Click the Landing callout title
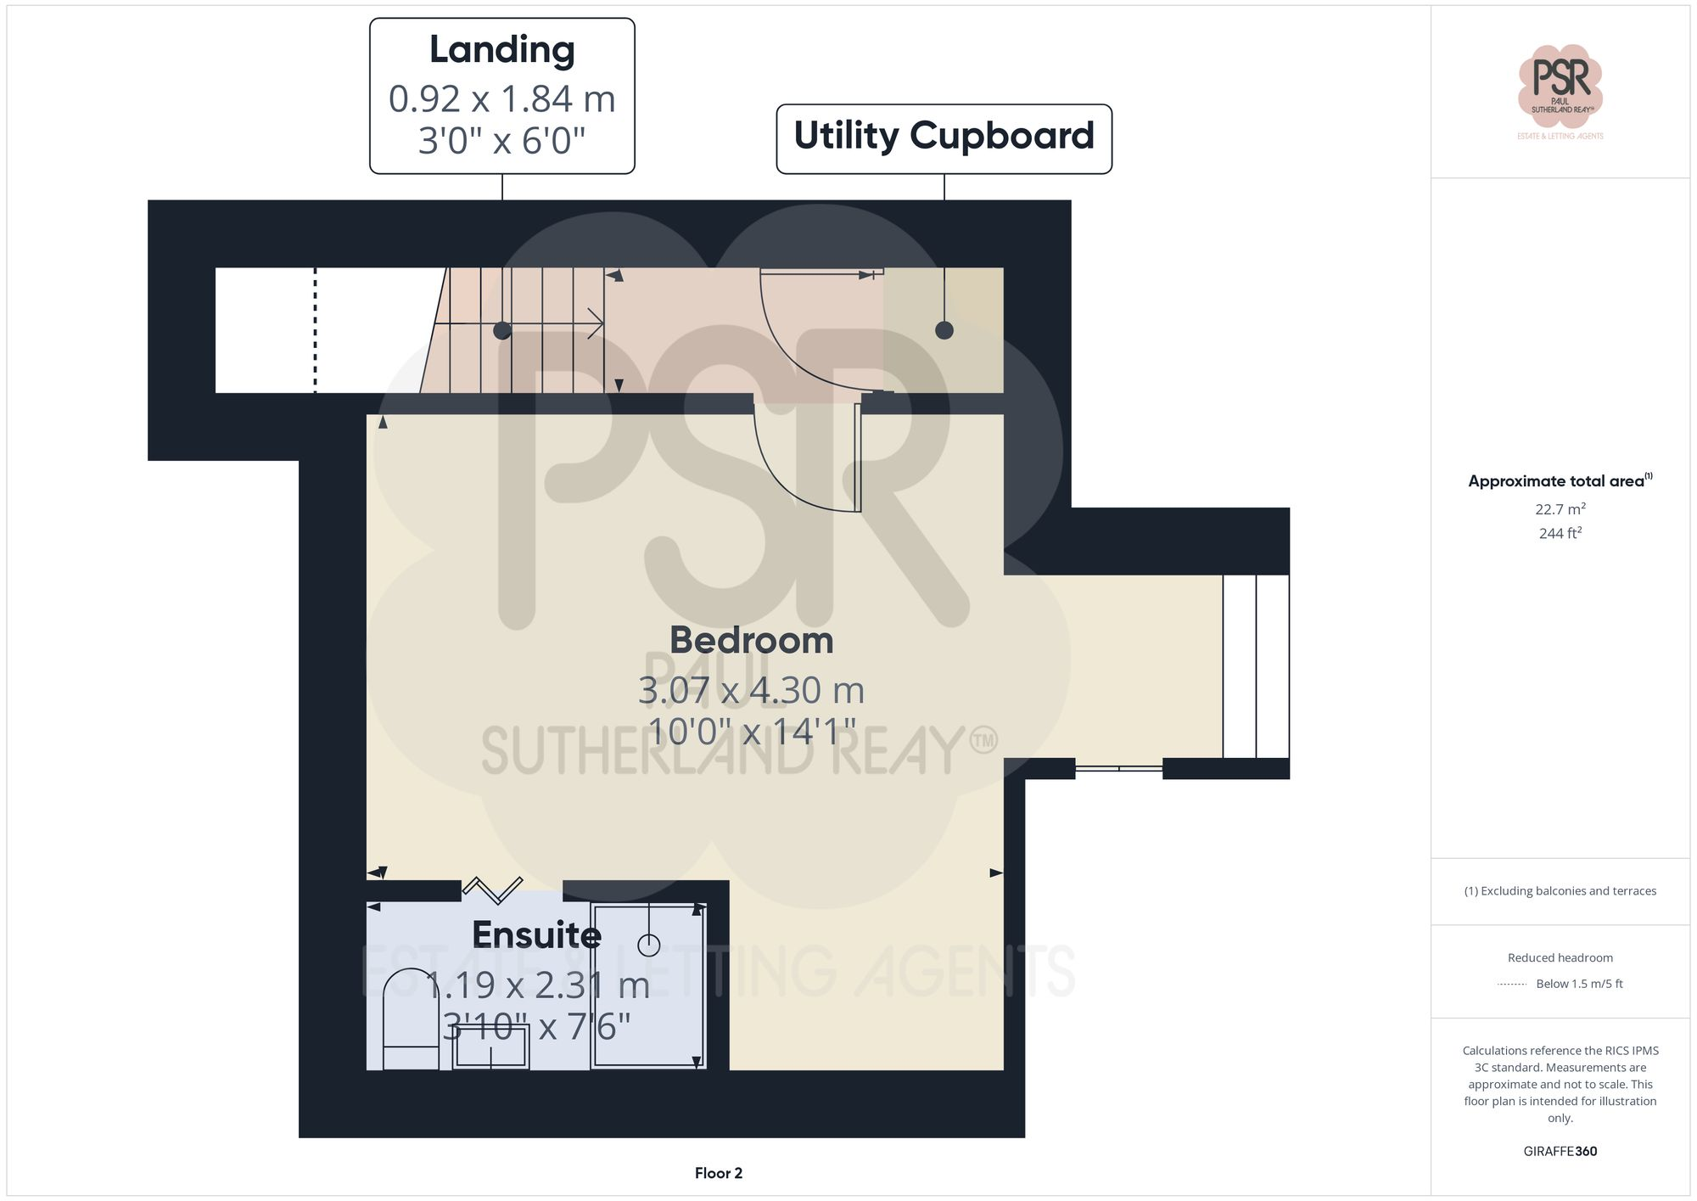coord(501,50)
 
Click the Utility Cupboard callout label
coord(944,136)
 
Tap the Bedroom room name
coord(751,641)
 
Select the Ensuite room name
coord(536,935)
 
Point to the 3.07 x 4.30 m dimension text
coord(751,690)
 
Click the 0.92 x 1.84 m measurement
coord(501,99)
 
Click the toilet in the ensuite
coord(411,1019)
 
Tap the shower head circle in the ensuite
coord(649,945)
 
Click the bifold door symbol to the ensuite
coord(492,889)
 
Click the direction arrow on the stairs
coord(594,323)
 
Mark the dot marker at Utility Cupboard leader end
coord(944,330)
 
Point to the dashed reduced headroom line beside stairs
coord(316,330)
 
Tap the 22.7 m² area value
coord(1560,509)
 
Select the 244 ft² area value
coord(1560,533)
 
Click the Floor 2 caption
coord(718,1173)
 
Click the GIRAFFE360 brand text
coord(1560,1152)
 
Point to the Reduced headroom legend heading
coord(1560,957)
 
